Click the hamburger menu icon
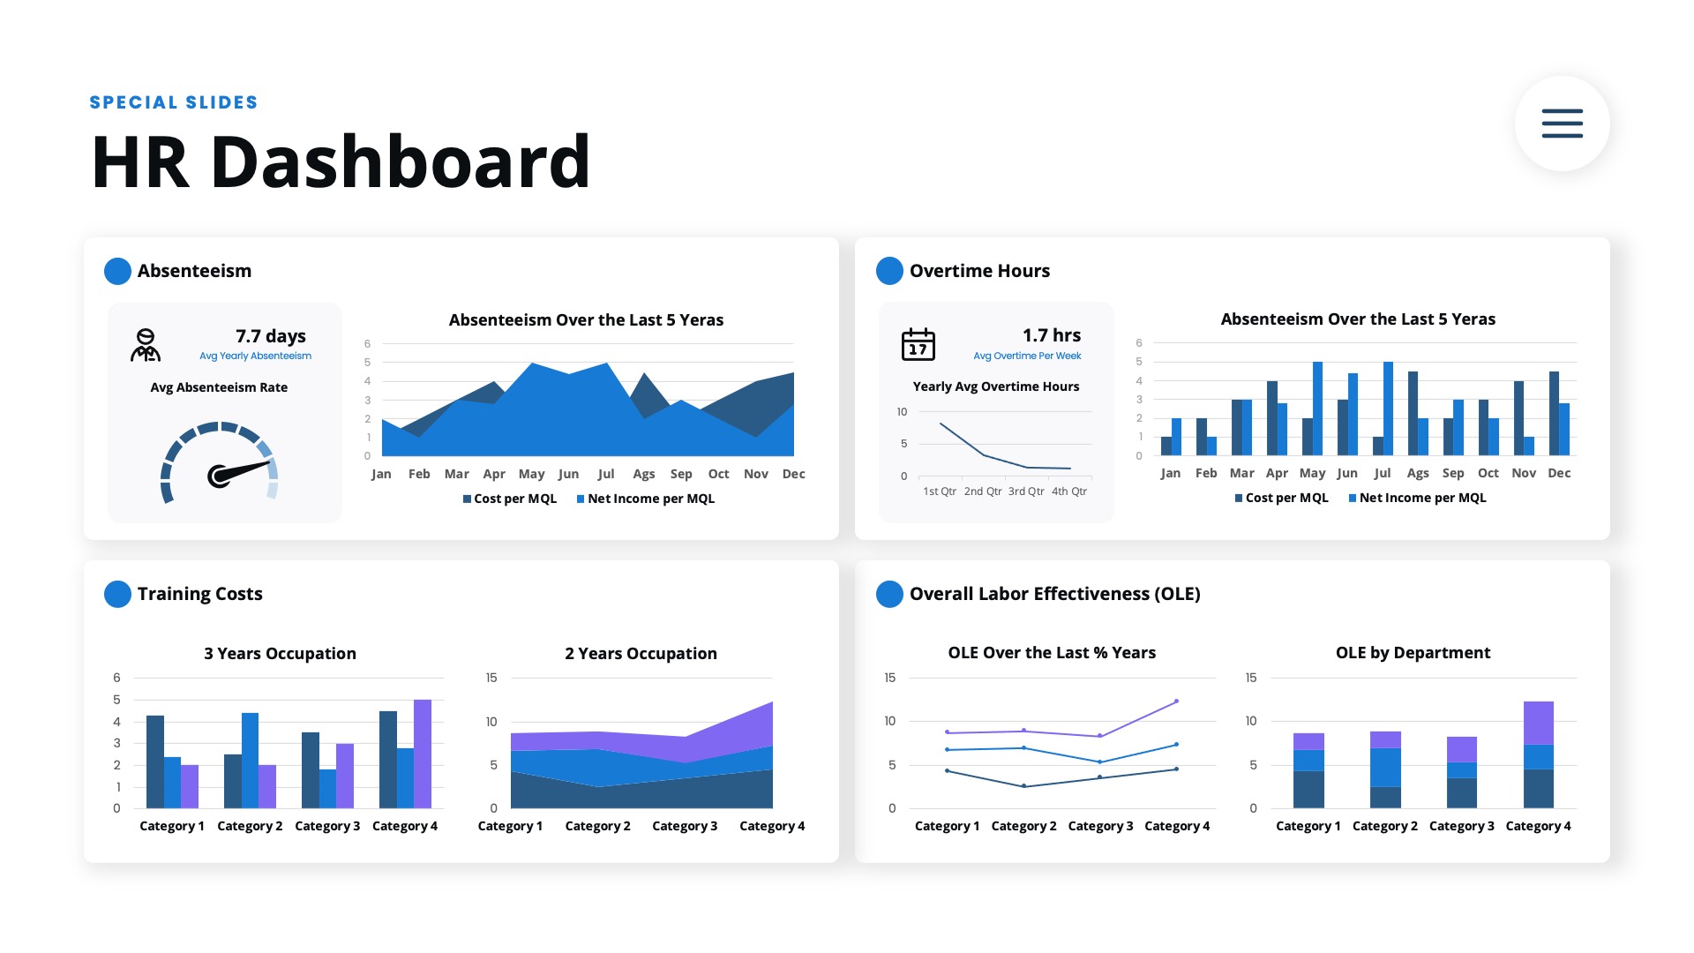[x=1562, y=124]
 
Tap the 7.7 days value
[x=270, y=336]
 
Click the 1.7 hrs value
[x=1051, y=335]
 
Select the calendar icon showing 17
[x=918, y=344]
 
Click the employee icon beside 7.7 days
[x=146, y=345]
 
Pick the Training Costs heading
[x=199, y=594]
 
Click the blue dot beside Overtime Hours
[x=889, y=271]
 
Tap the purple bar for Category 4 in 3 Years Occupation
[x=423, y=754]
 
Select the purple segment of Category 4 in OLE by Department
[x=1538, y=723]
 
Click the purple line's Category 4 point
[x=1176, y=702]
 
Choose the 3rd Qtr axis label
[x=1026, y=492]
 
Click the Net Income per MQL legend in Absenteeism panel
[x=646, y=499]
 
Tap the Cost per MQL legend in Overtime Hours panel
[x=1281, y=498]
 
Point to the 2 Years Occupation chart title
[x=641, y=654]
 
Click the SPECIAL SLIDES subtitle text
[x=174, y=102]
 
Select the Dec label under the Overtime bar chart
[x=1559, y=473]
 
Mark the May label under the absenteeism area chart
[x=531, y=474]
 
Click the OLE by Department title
[x=1413, y=653]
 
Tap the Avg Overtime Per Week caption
[x=1027, y=356]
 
